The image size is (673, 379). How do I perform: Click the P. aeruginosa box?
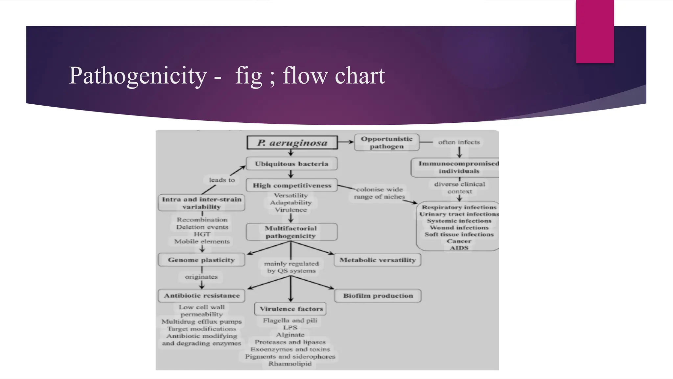pos(292,143)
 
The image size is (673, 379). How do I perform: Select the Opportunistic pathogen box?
pos(386,142)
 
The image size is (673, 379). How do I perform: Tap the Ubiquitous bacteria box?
pos(291,164)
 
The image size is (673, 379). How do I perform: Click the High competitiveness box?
pos(292,186)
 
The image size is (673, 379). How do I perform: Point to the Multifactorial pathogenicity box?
pos(291,232)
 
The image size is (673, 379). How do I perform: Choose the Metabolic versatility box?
pos(377,260)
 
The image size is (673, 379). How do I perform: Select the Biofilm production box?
pos(378,296)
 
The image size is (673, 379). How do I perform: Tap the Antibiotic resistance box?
pos(201,296)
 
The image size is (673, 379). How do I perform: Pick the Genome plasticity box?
pos(201,260)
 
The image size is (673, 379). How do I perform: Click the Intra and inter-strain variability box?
pos(201,203)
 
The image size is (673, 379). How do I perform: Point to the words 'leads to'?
pos(222,180)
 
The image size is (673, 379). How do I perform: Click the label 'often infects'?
pos(459,142)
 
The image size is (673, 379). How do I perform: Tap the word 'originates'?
pos(201,277)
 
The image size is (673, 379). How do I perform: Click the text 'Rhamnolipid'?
pos(290,364)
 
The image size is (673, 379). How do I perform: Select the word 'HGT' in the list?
pos(202,234)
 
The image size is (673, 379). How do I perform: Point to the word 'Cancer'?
pos(459,241)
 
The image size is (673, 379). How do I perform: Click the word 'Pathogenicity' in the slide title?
pos(138,76)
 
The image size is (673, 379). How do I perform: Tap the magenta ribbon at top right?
pos(595,31)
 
